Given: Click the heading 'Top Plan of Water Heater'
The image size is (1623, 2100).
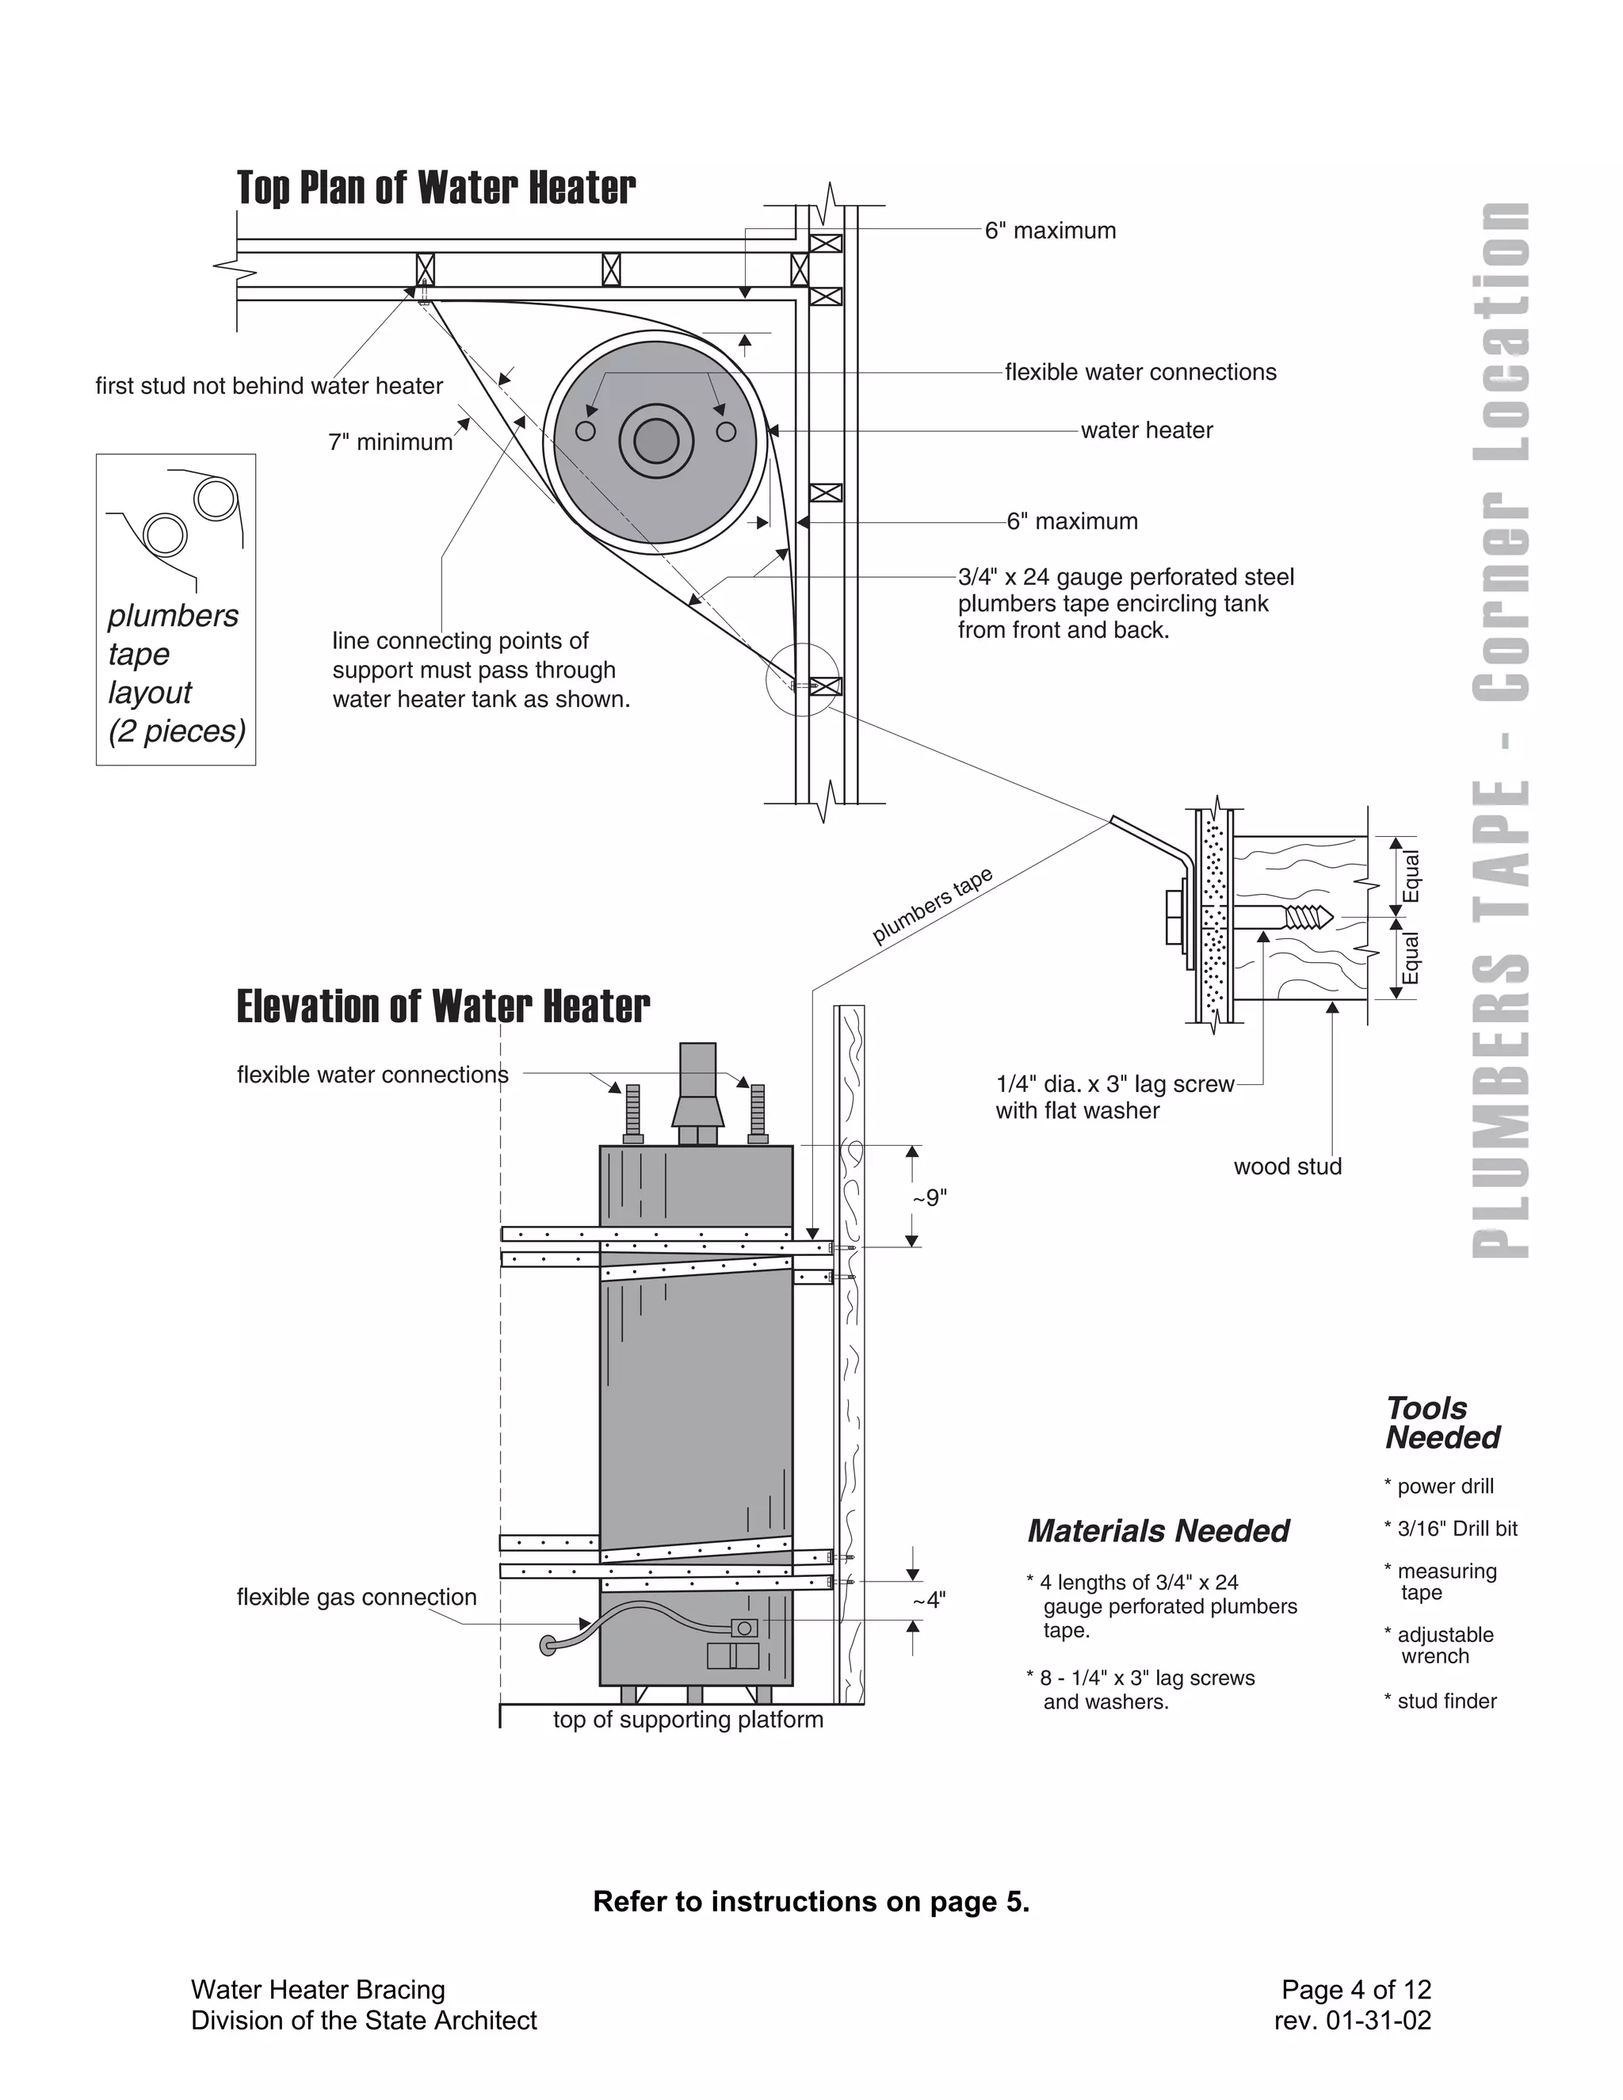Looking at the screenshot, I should pos(436,188).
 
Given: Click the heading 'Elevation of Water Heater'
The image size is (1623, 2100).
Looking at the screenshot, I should pos(442,1006).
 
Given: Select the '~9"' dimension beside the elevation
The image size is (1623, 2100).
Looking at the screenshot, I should pos(930,1198).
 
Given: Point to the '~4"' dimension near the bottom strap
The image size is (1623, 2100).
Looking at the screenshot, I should pos(929,1600).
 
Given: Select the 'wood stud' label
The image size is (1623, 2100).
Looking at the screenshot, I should pos(1286,1166).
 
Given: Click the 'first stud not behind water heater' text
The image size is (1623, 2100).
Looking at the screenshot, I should pos(269,386).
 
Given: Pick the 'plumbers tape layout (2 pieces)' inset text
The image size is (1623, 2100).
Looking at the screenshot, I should pos(175,672).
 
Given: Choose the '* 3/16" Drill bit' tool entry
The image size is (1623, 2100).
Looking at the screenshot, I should pos(1450,1529).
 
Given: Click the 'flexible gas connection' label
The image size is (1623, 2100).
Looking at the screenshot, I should pos(356,1597).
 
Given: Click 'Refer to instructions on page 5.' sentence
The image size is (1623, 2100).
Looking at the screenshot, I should pos(811,1901).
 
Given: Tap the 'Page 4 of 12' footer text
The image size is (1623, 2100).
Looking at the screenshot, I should pos(1356,1989).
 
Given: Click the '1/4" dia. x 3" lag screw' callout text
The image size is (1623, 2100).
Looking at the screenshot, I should pos(1114,1083).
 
